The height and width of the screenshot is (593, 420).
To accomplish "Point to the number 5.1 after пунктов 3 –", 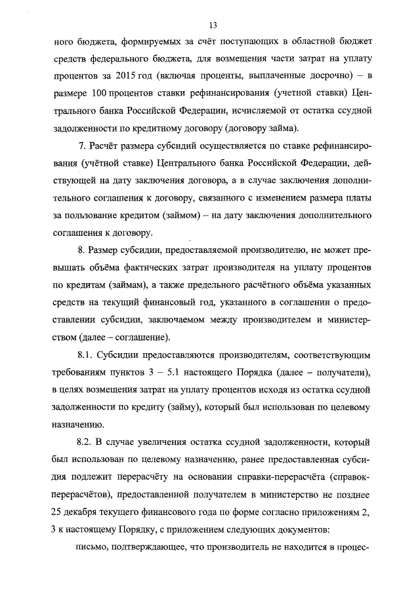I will pyautogui.click(x=172, y=372).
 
